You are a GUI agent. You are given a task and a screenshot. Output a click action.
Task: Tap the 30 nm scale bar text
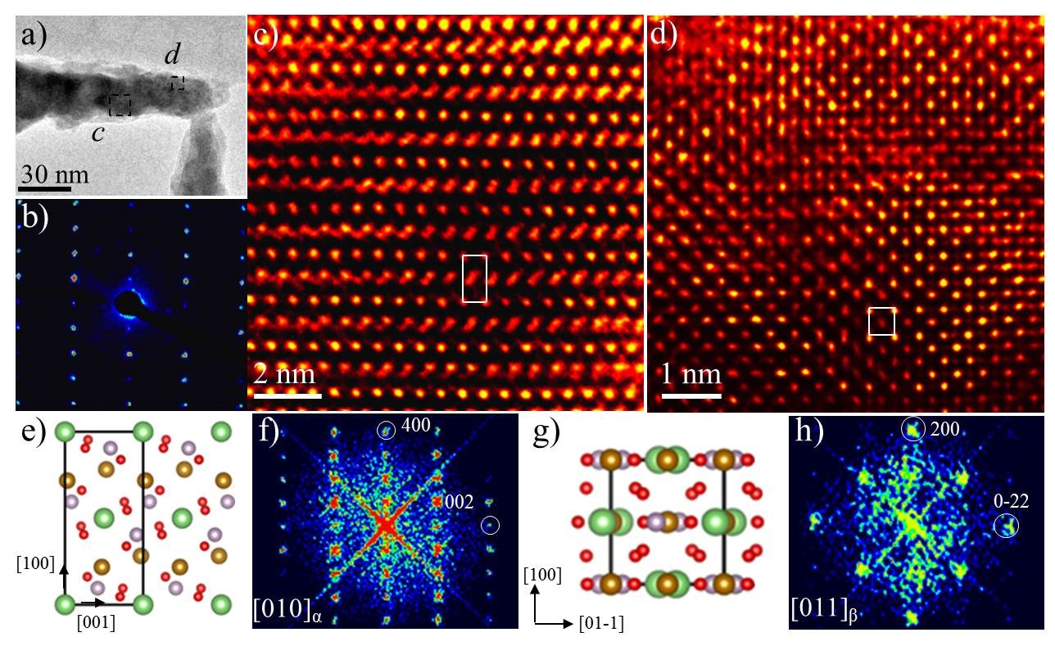pyautogui.click(x=54, y=175)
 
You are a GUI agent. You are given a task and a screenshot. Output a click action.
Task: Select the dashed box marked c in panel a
pyautogui.click(x=120, y=104)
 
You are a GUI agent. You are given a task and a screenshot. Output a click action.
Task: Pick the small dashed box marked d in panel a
pyautogui.click(x=177, y=83)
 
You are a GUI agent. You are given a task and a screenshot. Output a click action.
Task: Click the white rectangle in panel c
pyautogui.click(x=474, y=278)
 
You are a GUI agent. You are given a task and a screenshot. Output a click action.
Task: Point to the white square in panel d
pyautogui.click(x=881, y=321)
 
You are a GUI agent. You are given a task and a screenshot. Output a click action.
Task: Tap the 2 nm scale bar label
pyautogui.click(x=284, y=376)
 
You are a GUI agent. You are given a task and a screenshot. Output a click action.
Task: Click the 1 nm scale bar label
pyautogui.click(x=691, y=376)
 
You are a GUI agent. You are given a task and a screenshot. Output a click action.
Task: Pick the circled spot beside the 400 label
pyautogui.click(x=385, y=429)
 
